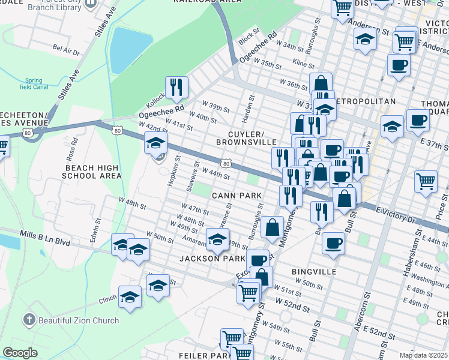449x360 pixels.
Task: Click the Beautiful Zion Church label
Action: pyautogui.click(x=79, y=320)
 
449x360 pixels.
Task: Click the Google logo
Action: pyautogui.click(x=20, y=353)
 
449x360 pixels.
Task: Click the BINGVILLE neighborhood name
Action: pyautogui.click(x=314, y=272)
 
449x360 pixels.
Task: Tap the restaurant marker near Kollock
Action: pyautogui.click(x=176, y=88)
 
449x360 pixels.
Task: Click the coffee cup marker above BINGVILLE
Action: pyautogui.click(x=333, y=243)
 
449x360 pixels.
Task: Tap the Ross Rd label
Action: pyautogui.click(x=72, y=147)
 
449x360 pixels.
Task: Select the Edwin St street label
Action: pyautogui.click(x=94, y=232)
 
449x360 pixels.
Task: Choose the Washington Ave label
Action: pyautogui.click(x=429, y=279)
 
